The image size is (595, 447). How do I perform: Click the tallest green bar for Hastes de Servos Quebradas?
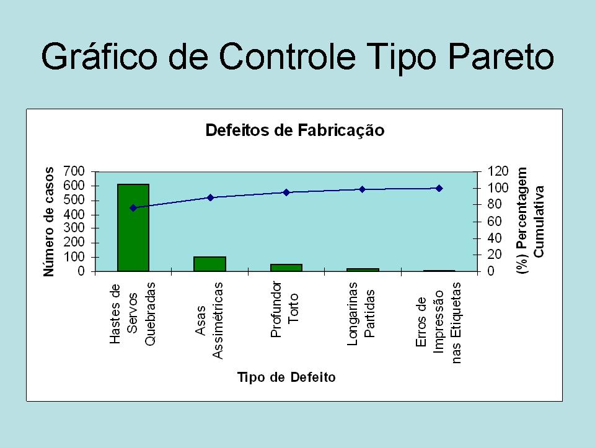(133, 228)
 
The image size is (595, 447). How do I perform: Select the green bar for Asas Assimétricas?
(210, 264)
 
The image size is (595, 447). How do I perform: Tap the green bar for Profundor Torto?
(286, 268)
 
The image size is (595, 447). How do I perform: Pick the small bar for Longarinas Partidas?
(363, 270)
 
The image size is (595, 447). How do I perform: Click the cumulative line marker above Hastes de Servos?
(133, 208)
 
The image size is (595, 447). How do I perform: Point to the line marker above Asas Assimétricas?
(211, 197)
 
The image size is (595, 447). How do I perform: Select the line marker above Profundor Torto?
(286, 192)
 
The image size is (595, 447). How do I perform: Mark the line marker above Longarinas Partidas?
(363, 189)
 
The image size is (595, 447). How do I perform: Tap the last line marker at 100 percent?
(439, 188)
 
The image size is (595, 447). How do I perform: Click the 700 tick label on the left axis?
(74, 171)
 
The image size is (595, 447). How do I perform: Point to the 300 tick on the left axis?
(74, 228)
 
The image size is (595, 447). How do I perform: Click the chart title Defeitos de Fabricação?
(295, 130)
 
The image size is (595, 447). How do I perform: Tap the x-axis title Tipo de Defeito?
(286, 377)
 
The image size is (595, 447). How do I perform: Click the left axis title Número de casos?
(48, 222)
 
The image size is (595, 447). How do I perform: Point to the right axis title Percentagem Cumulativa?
(530, 220)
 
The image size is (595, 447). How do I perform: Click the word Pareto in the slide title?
(501, 57)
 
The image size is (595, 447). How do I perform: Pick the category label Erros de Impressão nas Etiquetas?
(439, 323)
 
